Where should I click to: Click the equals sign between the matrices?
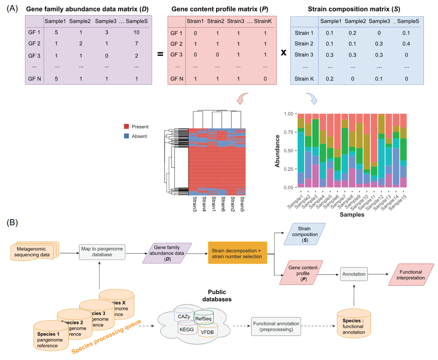(160, 53)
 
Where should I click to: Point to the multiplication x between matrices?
(283, 53)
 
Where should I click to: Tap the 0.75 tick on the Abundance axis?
(288, 132)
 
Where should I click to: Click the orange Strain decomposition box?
(238, 252)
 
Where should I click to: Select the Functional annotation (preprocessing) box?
(276, 326)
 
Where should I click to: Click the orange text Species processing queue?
(107, 336)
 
